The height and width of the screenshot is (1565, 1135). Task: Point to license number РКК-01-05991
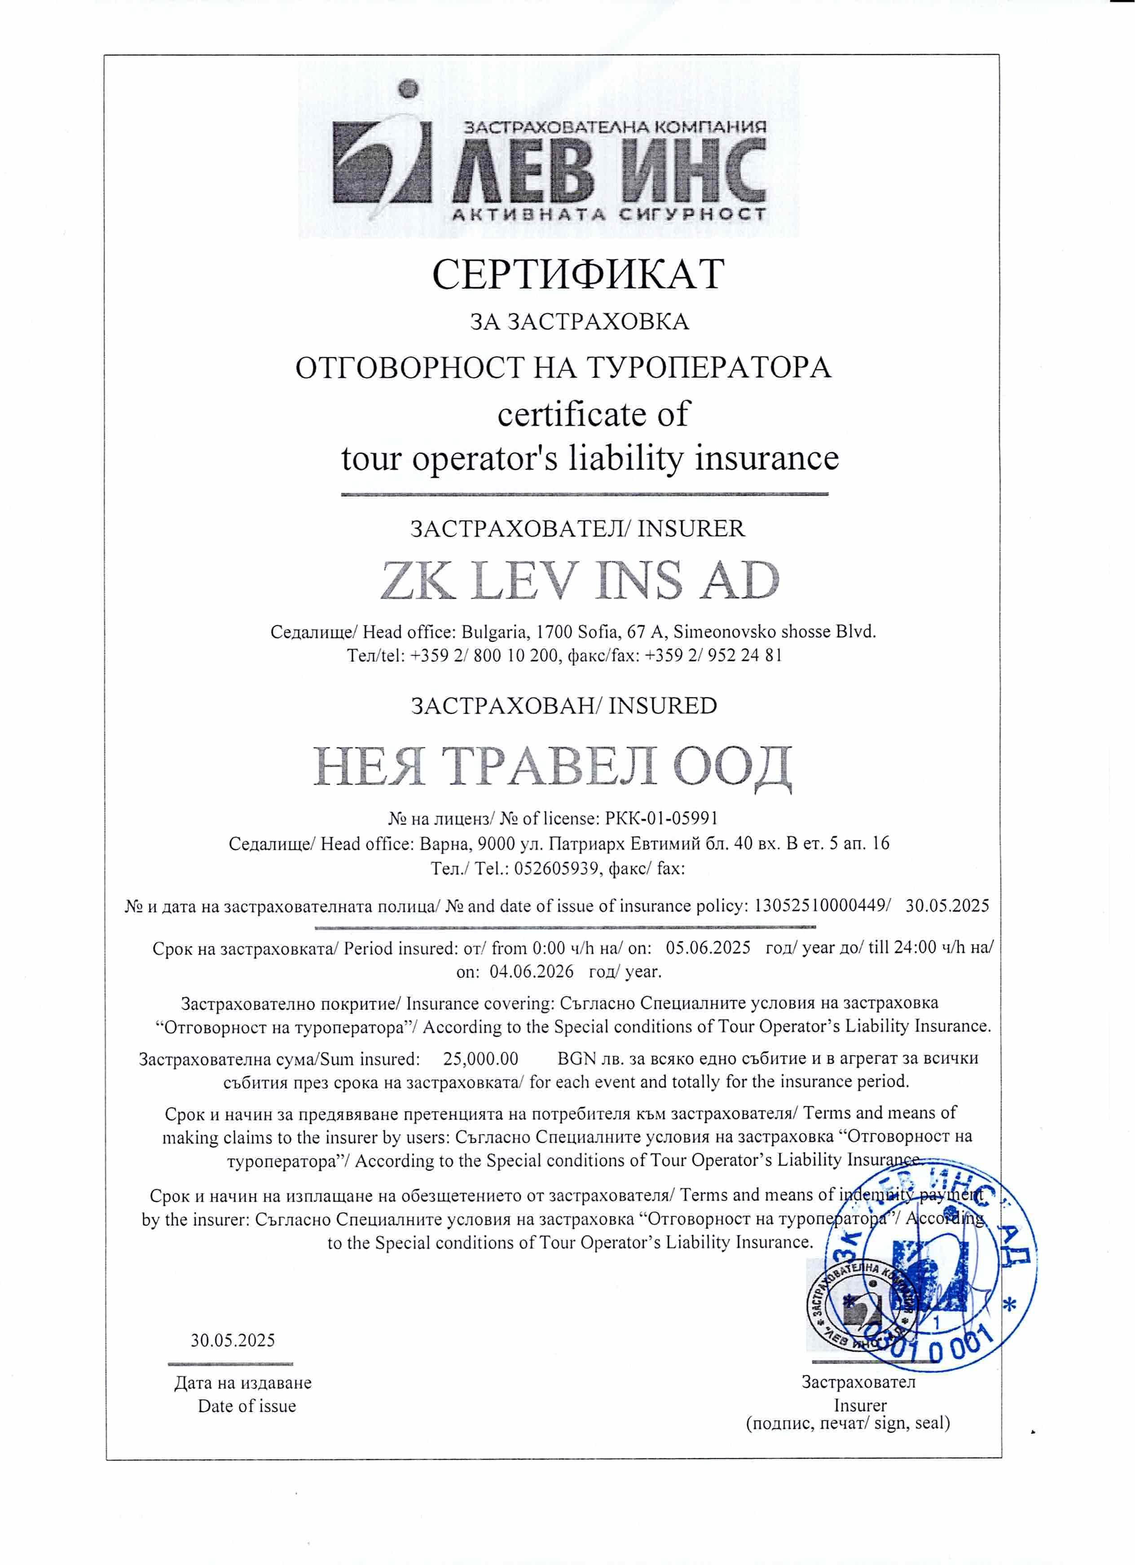point(661,818)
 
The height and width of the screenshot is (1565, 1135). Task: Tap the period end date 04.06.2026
point(532,971)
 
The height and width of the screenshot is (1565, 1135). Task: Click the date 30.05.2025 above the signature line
point(233,1340)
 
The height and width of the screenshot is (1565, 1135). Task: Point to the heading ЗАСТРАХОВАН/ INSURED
point(564,706)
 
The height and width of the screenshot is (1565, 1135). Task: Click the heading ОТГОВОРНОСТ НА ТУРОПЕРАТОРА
point(563,368)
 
